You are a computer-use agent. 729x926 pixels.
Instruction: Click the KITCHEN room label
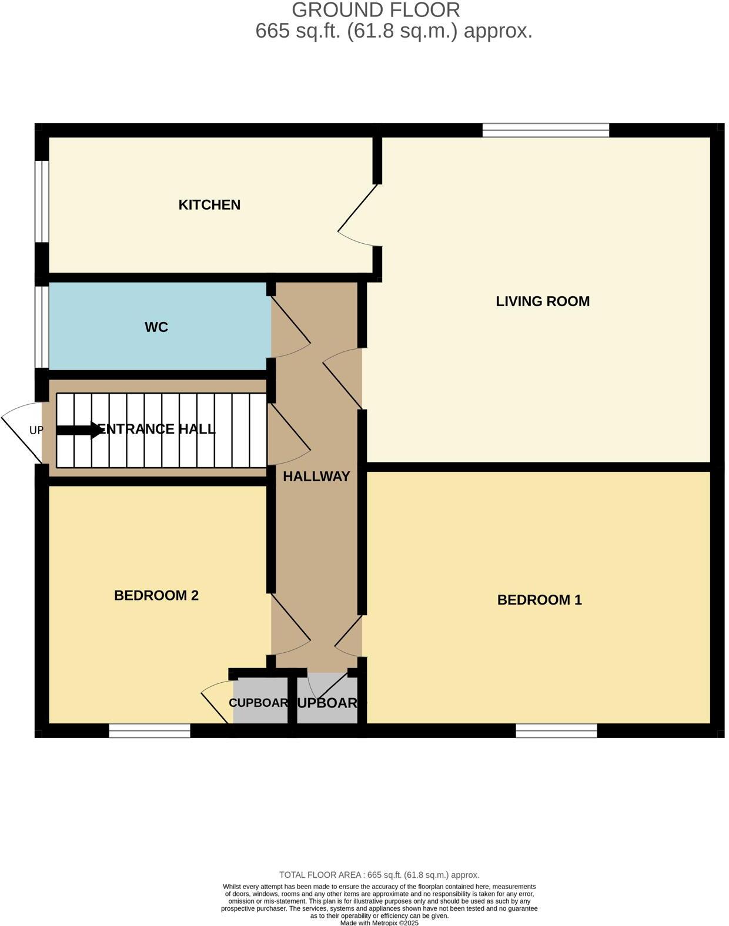click(x=209, y=205)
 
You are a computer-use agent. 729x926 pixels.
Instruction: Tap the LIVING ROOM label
click(x=542, y=301)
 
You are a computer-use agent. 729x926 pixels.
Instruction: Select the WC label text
click(x=156, y=327)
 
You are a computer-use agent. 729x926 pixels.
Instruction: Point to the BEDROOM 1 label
click(x=539, y=600)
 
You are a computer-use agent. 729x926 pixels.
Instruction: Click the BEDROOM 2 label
click(x=156, y=596)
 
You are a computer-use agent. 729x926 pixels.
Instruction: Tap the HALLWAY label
click(x=316, y=477)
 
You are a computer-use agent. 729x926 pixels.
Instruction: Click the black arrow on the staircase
click(x=80, y=430)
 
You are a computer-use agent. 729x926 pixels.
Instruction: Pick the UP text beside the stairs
click(x=36, y=430)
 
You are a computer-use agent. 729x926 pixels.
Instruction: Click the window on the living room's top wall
click(x=546, y=130)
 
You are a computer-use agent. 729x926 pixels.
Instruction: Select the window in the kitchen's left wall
click(x=41, y=201)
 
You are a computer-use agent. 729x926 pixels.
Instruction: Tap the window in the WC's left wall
click(x=41, y=327)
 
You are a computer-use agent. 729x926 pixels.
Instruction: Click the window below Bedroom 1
click(x=556, y=730)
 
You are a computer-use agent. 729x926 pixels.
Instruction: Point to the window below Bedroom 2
click(x=150, y=730)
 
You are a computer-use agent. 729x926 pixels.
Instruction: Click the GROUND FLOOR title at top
click(x=376, y=10)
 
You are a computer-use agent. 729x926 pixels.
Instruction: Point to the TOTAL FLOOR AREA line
click(x=379, y=875)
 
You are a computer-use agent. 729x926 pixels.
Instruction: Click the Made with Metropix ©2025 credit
click(x=379, y=922)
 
